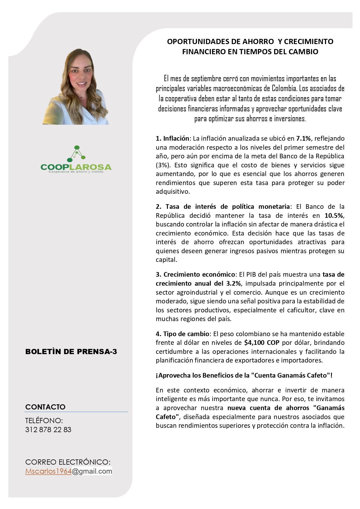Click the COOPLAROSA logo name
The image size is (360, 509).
point(76,167)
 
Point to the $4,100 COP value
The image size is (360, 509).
point(262,343)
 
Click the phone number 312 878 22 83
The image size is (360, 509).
point(48,430)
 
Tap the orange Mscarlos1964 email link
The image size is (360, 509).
point(48,471)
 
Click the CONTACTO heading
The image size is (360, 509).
point(45,407)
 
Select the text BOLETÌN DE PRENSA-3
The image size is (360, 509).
point(71,352)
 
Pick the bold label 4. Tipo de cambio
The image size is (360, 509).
point(182,334)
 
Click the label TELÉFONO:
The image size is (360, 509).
point(44,421)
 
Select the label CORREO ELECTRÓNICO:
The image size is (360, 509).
point(68,462)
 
